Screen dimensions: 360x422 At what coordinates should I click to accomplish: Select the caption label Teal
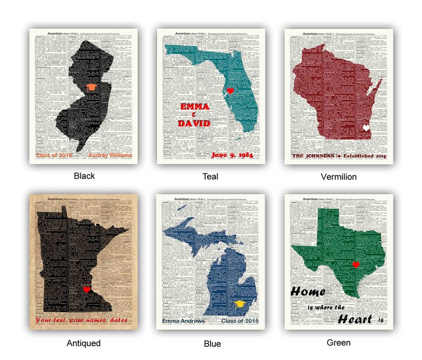211,175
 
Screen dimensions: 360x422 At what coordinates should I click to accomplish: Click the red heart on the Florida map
230,91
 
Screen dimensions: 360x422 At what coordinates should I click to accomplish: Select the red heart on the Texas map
356,265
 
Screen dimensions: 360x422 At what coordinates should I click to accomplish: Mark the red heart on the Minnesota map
87,289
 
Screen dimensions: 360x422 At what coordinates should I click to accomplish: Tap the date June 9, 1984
232,155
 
